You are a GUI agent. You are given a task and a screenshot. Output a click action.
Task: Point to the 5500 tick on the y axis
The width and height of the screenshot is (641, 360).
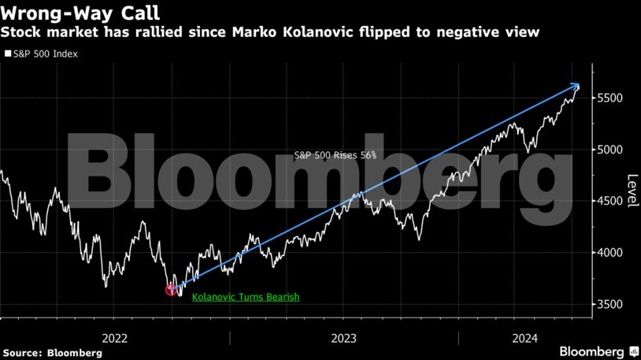click(609, 98)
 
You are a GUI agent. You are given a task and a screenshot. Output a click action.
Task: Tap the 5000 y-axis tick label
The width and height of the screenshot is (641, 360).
click(609, 150)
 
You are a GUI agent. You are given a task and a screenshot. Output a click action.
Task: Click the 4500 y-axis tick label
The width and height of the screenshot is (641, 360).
click(609, 201)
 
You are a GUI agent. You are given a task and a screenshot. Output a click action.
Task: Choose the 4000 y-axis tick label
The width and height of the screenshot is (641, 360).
click(609, 252)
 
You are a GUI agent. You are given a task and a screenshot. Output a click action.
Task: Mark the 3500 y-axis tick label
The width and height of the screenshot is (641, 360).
click(609, 304)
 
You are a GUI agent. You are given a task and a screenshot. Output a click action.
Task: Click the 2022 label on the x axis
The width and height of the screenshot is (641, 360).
click(115, 338)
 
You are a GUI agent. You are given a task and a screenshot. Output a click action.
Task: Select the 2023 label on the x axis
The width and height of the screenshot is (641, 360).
click(344, 338)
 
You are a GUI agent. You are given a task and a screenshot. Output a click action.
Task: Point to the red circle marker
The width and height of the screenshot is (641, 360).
click(172, 290)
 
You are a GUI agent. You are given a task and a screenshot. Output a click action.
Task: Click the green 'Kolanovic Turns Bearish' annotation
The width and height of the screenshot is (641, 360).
click(246, 298)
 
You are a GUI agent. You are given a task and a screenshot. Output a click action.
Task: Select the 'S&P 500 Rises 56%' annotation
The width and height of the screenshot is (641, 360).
click(335, 155)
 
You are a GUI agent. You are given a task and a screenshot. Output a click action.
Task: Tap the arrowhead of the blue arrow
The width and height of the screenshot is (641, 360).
click(577, 86)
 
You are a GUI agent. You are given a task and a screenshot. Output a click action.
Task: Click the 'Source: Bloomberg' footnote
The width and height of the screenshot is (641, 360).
click(51, 353)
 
